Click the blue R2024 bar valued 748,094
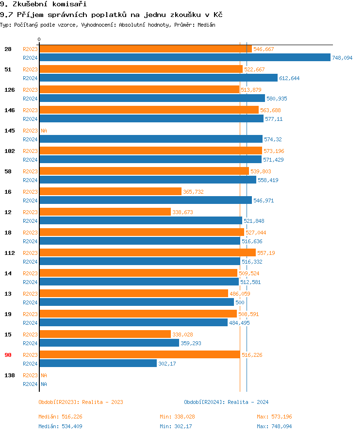(184, 58)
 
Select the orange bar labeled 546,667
(146, 49)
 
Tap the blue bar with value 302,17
(98, 364)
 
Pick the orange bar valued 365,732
(110, 192)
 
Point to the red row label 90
(8, 355)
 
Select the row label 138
(9, 375)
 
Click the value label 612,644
(289, 78)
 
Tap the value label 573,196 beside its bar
(274, 151)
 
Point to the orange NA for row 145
(44, 131)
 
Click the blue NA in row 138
(44, 384)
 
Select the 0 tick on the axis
(39, 39)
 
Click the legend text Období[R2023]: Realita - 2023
(81, 402)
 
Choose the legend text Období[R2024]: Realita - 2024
(226, 402)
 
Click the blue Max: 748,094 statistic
(274, 426)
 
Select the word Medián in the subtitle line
(206, 25)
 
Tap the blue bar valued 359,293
(109, 343)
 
